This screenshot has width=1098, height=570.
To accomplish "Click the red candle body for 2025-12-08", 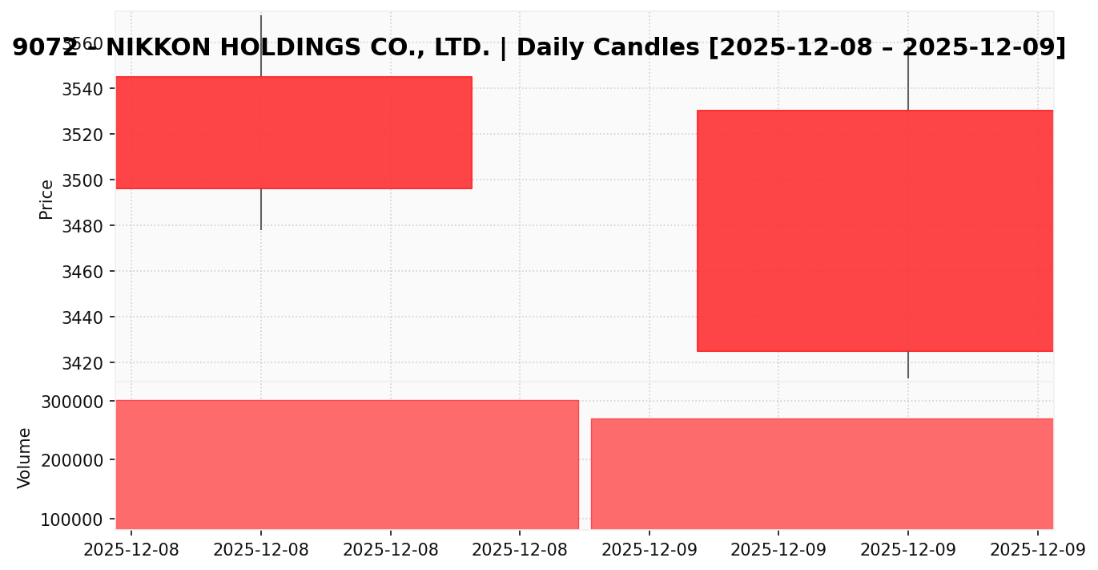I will pos(293,132).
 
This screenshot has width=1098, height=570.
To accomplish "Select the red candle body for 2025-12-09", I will pos(875,230).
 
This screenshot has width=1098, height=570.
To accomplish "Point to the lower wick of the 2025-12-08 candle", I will pos(261,209).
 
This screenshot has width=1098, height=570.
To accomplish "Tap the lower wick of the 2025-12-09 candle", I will pos(907,365).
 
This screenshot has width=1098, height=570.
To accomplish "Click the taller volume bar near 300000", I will pos(347,464).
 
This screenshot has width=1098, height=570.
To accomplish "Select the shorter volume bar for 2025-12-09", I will pos(822,473).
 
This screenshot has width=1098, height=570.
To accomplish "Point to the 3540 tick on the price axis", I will pos(82,89).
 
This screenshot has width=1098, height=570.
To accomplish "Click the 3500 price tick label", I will pos(82,180).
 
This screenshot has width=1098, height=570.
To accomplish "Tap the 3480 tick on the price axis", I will pos(82,226).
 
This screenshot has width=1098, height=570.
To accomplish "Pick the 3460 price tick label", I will pos(82,272).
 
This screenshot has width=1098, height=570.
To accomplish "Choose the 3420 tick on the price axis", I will pos(82,363).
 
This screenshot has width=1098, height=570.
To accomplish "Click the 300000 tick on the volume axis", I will pos(72,402).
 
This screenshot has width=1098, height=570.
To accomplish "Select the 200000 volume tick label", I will pos(72,460).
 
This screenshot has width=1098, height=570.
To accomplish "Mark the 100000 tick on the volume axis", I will pos(72,519).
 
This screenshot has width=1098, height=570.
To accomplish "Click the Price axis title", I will pos(46,199).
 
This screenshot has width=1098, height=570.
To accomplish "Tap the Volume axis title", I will pos(24,457).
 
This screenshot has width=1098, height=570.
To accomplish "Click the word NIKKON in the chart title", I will pos(158,48).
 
